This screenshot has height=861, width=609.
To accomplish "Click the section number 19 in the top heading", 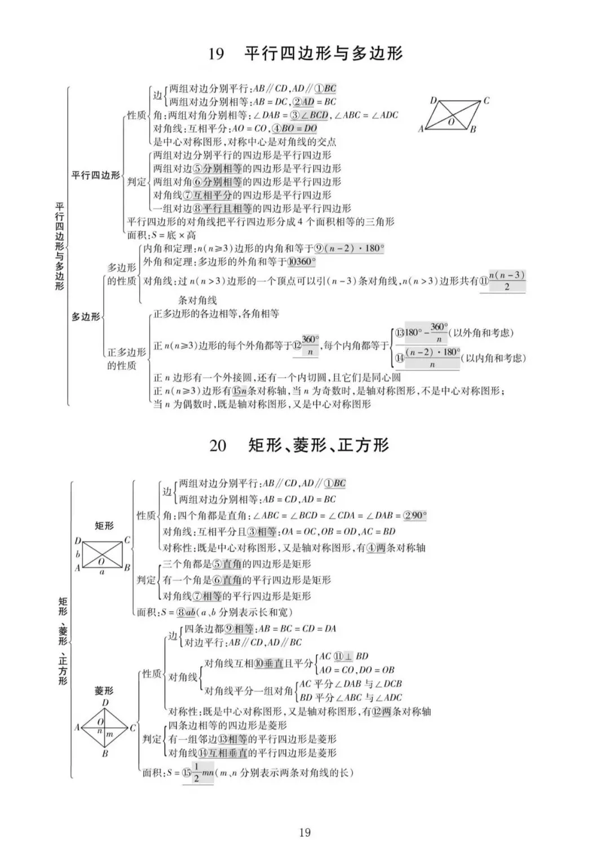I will pyautogui.click(x=216, y=54).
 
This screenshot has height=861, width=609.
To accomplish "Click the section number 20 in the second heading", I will pyautogui.click(x=218, y=445).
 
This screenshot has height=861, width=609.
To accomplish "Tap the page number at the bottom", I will pyautogui.click(x=304, y=832).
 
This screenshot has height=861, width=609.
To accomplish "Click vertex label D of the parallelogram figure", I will pyautogui.click(x=433, y=101).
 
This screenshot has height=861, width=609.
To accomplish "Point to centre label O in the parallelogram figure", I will pyautogui.click(x=451, y=121).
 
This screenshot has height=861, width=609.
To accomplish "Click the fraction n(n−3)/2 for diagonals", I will pyautogui.click(x=507, y=281).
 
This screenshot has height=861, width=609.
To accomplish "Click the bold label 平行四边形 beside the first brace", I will pyautogui.click(x=95, y=175).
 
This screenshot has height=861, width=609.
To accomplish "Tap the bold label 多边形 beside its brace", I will pyautogui.click(x=85, y=317).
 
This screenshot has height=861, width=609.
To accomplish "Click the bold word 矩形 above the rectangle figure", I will pyautogui.click(x=104, y=526).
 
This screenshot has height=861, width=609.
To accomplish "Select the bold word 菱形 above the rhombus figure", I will pyautogui.click(x=104, y=691).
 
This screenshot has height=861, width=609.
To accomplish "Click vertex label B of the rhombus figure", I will pyautogui.click(x=105, y=753).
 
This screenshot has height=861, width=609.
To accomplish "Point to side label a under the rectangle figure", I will pyautogui.click(x=101, y=572).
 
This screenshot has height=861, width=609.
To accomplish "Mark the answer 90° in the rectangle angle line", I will pyautogui.click(x=418, y=515).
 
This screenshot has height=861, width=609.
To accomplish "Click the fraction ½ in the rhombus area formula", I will pyautogui.click(x=196, y=773).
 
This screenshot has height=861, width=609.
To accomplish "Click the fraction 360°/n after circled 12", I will pyautogui.click(x=310, y=345).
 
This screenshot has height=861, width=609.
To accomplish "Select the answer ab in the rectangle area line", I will pyautogui.click(x=191, y=612).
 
